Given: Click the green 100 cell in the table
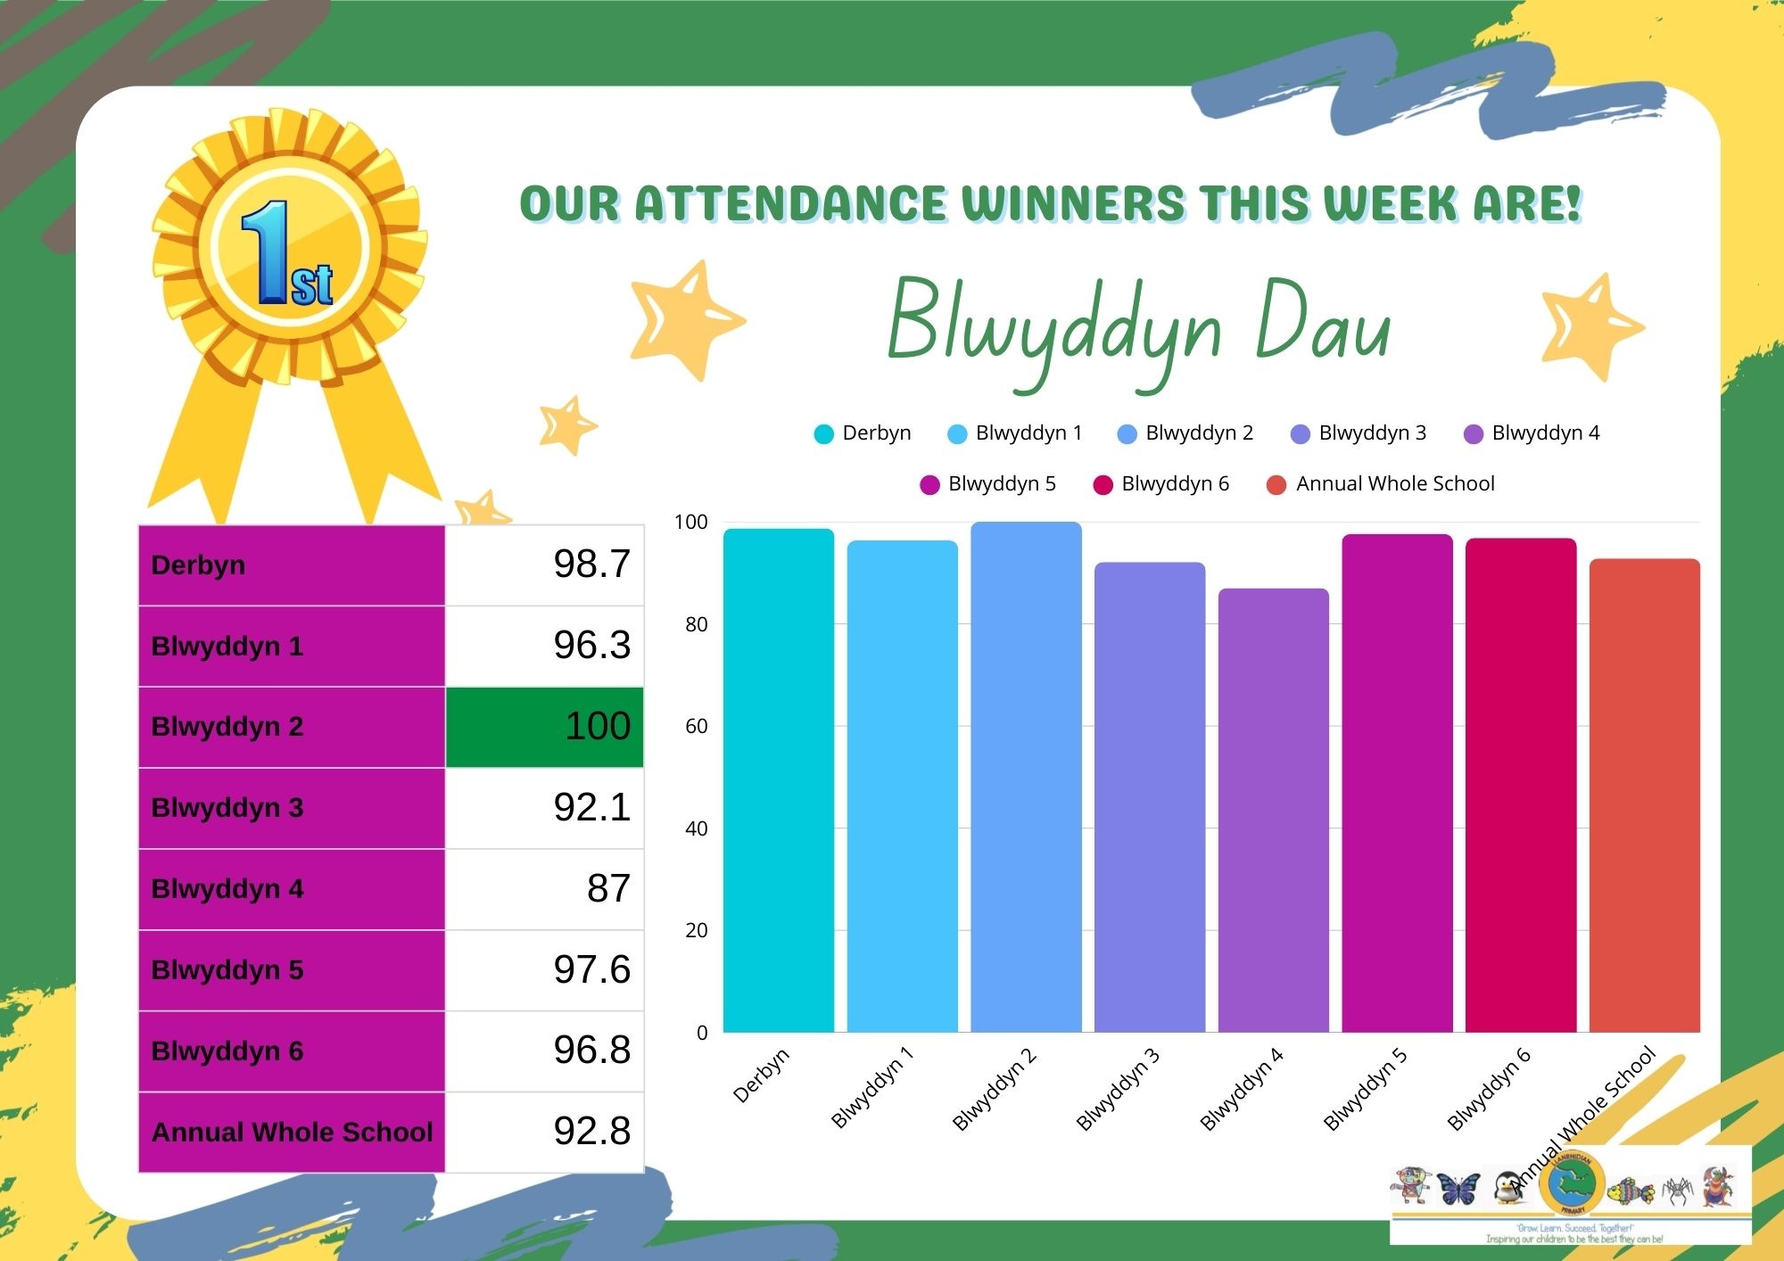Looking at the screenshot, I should [544, 727].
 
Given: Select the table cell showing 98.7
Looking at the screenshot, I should [544, 565].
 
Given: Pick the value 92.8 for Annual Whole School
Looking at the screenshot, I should [544, 1132].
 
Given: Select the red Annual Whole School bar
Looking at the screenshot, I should [1644, 795].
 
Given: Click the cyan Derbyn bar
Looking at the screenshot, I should [778, 780].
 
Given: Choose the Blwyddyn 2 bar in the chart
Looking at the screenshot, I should [1026, 777].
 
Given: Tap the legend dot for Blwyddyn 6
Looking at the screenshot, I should [1103, 484].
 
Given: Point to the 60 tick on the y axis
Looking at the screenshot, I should [696, 727].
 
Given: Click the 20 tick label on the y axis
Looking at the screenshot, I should [696, 931].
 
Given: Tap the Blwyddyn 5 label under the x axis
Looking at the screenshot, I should [1364, 1089].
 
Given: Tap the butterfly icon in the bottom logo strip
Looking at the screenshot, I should [1458, 1189].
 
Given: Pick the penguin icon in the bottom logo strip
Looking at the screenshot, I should [1507, 1189].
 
